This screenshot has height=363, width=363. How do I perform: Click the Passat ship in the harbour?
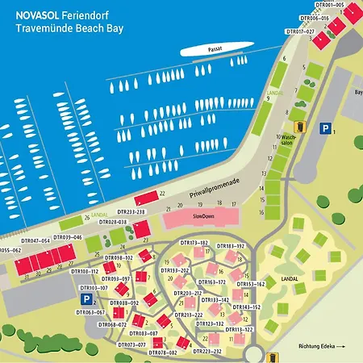213,50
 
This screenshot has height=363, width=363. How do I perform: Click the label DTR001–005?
327,5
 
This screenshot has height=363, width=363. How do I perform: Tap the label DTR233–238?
130,211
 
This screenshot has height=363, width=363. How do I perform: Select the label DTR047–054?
35,240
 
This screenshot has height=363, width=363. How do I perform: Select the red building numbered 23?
141,230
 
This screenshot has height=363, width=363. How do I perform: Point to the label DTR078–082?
161,353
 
